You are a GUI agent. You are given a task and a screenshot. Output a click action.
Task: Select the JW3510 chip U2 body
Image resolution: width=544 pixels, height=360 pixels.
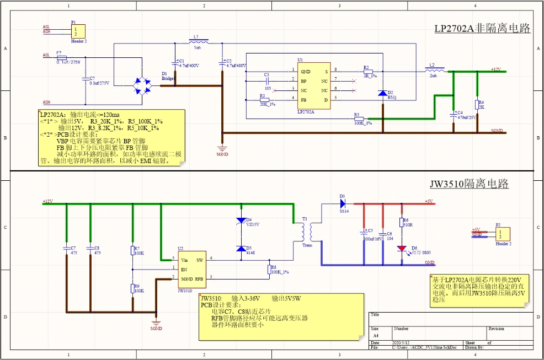coord(191,270)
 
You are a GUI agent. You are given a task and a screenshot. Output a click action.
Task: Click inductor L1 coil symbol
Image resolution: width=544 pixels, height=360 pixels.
coord(198,41)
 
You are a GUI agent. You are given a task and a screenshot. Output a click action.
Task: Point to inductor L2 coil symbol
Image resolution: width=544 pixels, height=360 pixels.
coord(437,70)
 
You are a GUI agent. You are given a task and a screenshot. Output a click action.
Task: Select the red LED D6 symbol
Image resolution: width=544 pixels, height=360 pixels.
coord(401,249)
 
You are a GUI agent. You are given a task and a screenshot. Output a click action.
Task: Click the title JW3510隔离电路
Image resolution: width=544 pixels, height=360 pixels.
coord(468,184)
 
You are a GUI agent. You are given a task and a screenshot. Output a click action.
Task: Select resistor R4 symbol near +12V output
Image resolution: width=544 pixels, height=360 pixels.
coord(476,105)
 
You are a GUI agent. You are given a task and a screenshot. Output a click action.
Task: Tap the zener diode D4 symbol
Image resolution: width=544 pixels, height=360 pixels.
coord(241,221)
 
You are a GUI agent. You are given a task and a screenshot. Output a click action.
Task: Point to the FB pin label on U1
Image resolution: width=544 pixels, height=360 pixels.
coord(303,99)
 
